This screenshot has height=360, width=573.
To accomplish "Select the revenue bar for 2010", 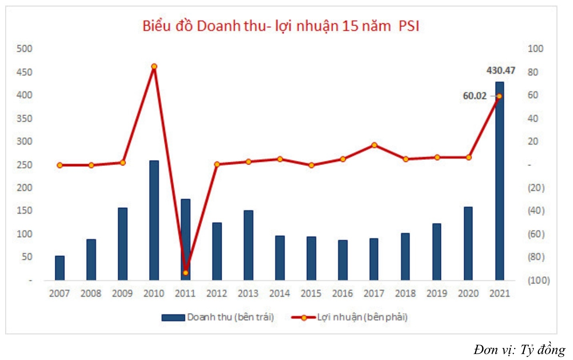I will point(154,220).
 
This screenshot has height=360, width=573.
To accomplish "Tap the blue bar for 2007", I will point(60,268).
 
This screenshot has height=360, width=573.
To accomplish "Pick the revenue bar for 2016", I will point(343,260).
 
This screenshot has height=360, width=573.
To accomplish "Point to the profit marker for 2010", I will point(154,66).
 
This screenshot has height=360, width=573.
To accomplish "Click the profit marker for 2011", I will point(185,273).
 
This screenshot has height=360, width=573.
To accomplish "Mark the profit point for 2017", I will point(374,145).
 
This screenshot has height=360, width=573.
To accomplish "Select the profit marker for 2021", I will point(499,96).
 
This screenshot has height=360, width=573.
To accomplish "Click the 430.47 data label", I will point(501,70).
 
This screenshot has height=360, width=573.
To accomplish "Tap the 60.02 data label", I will point(475,96).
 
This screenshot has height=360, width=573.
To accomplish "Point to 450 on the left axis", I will point(24,72).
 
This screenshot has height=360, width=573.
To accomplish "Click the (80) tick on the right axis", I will point(536,257).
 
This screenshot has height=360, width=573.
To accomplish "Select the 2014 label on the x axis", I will point(279,294).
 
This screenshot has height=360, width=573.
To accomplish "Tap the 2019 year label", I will point(437,294).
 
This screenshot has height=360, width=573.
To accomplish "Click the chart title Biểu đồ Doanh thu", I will point(280,26).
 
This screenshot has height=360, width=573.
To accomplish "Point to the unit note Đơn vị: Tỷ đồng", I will point(519,350).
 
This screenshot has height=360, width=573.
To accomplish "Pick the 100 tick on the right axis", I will point(535,49).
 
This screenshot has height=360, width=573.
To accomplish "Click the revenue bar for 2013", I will point(248,245).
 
